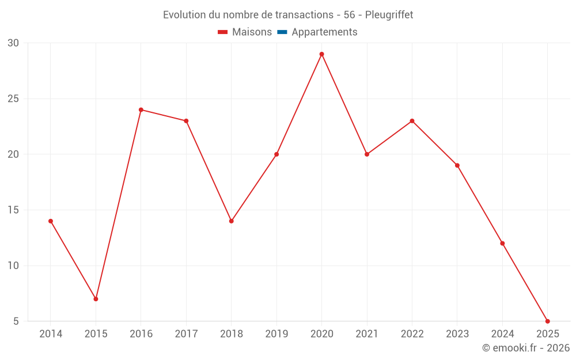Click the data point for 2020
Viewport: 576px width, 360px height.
(321, 54)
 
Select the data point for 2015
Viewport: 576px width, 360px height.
(96, 299)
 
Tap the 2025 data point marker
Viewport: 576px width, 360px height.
(547, 321)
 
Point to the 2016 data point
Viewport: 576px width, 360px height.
(141, 109)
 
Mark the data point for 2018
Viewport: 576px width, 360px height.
(231, 221)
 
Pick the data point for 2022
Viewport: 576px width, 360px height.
(412, 121)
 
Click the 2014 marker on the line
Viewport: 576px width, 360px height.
(51, 221)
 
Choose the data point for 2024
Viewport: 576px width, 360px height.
(502, 243)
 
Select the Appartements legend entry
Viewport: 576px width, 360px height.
(324, 32)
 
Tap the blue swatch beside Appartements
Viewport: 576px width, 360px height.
(282, 32)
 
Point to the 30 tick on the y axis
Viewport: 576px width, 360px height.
(13, 43)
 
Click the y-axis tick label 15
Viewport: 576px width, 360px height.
(13, 210)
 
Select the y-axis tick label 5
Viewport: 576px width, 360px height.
(16, 321)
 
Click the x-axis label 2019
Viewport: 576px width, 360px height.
(276, 334)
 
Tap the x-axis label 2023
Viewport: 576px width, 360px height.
(457, 334)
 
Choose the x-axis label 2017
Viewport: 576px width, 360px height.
(186, 334)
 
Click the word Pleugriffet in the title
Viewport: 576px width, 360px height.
(389, 15)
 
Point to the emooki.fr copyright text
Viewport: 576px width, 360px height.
(526, 348)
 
